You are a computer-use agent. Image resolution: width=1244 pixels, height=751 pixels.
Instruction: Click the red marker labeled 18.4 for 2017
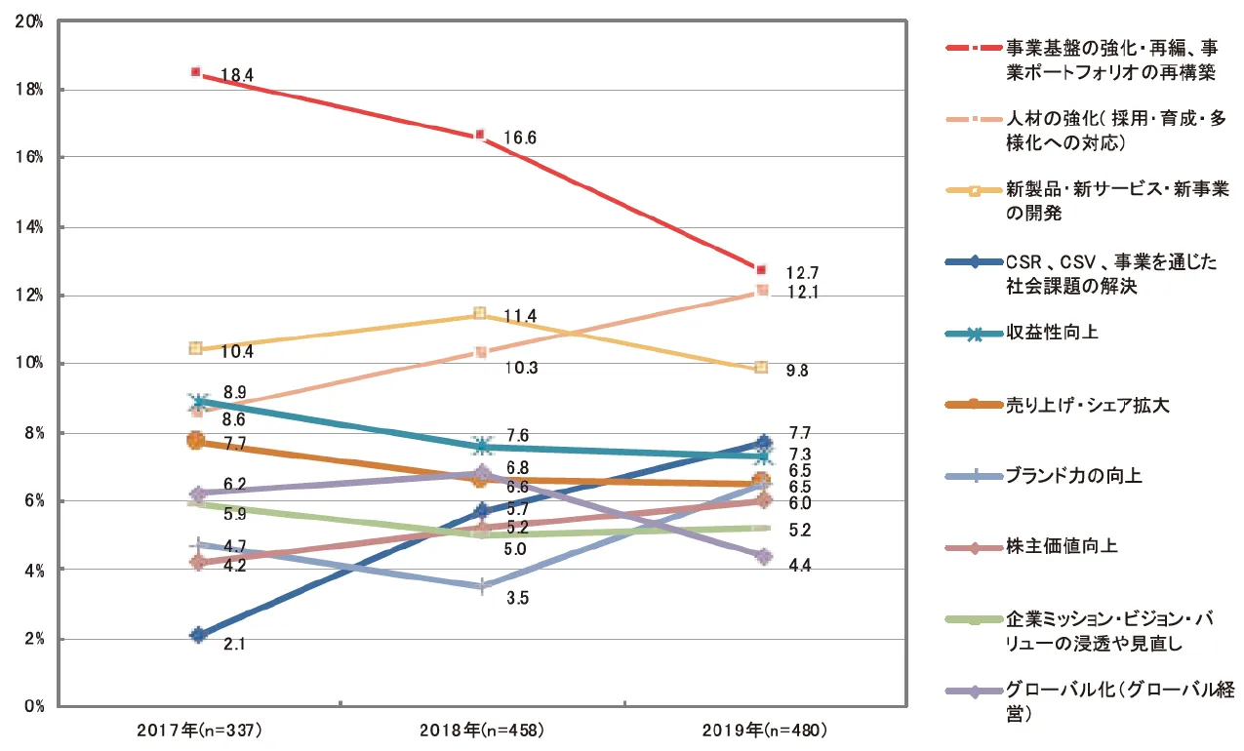196,72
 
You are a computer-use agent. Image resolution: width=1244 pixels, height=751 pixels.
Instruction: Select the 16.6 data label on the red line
520,138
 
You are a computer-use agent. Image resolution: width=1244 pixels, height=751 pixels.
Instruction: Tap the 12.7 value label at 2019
803,272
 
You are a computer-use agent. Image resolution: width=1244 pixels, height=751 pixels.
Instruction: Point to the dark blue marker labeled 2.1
198,635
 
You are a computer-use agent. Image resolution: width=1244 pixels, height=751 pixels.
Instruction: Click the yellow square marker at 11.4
479,313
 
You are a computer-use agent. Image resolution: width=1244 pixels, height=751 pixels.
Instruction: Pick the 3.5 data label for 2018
517,599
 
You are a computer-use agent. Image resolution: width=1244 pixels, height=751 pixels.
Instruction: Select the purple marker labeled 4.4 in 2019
764,556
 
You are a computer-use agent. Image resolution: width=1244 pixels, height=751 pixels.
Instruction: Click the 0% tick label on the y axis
33,706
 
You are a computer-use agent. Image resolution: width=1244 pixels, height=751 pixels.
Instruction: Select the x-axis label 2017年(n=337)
198,730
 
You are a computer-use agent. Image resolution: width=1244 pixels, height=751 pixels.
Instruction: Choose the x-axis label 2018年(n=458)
480,730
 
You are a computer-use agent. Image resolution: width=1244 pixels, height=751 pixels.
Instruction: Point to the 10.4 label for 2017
238,350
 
